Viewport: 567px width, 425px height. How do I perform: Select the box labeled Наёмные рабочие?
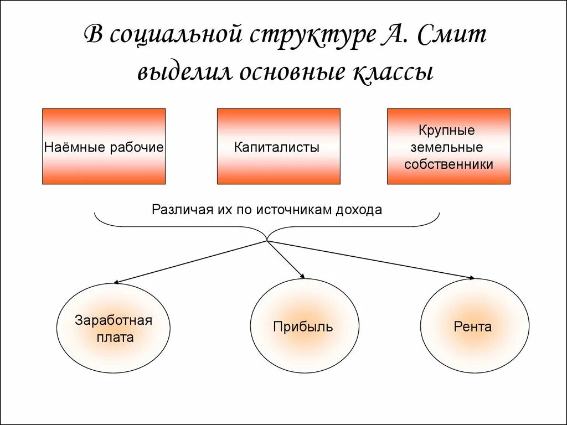(x=104, y=146)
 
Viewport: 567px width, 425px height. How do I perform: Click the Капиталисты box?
(x=279, y=146)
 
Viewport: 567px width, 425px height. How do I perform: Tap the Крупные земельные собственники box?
(x=449, y=146)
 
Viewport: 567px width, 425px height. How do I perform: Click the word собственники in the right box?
(x=449, y=164)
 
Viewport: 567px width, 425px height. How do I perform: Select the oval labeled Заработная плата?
(x=113, y=328)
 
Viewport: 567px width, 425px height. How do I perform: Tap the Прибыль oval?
(x=303, y=326)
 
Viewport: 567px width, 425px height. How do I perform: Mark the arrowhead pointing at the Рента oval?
(x=472, y=277)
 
